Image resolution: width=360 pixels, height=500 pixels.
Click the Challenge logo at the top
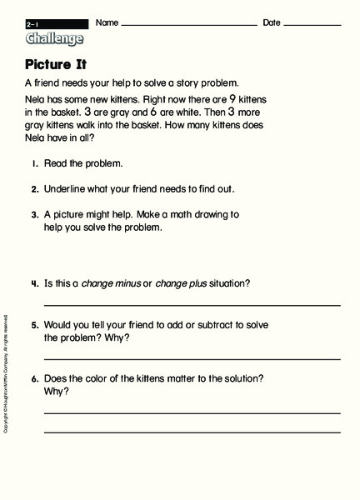click(54, 38)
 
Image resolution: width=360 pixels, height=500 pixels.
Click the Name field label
click(107, 22)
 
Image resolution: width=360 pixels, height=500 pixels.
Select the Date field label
click(272, 22)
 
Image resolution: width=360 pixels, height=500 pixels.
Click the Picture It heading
click(57, 64)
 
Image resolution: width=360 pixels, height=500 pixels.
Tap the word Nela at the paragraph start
click(35, 98)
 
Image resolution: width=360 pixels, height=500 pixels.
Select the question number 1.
click(35, 164)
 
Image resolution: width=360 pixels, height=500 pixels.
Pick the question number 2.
click(35, 189)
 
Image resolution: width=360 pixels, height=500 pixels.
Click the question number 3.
click(35, 214)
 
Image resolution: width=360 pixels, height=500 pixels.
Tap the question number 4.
click(35, 283)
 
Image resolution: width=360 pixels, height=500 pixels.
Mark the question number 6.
click(35, 378)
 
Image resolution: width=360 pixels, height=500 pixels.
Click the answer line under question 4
click(192, 306)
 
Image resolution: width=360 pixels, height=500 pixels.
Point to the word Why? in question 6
click(57, 391)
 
